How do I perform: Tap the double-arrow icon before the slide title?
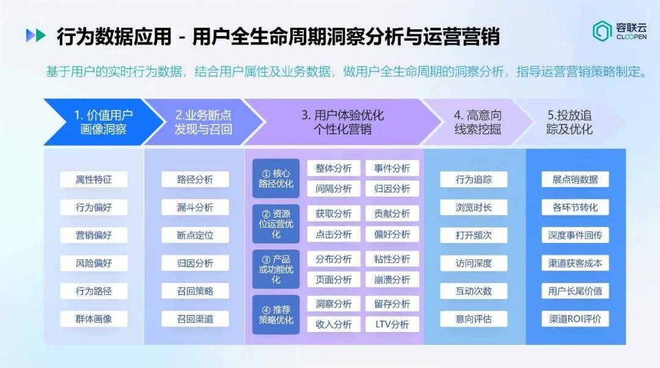click(35, 35)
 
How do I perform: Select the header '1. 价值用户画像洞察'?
click(103, 122)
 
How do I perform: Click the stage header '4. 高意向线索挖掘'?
click(477, 122)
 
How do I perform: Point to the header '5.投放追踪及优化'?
click(570, 122)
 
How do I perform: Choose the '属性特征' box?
click(94, 179)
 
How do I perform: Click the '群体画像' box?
click(94, 319)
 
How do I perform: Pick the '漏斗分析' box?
click(195, 207)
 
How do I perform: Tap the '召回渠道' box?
click(195, 319)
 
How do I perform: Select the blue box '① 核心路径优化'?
click(276, 179)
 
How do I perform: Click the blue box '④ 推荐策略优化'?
click(276, 315)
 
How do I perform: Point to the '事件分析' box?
click(392, 168)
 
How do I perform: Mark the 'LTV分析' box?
click(392, 324)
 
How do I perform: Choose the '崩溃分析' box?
click(392, 280)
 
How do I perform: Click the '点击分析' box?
click(334, 234)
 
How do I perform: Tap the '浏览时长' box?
click(474, 207)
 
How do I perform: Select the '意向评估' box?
click(474, 319)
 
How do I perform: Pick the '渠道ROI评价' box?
click(575, 319)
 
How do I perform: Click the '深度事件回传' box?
click(575, 235)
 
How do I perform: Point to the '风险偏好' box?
click(94, 263)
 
